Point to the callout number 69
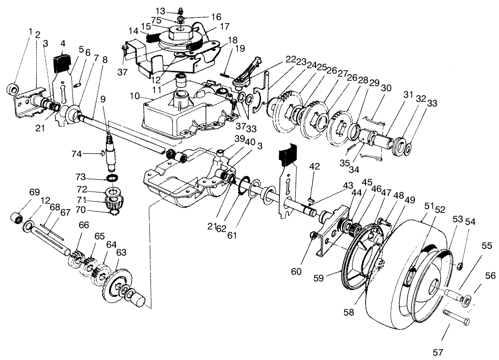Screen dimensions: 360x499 coord(34,192)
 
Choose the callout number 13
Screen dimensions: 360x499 coord(160,11)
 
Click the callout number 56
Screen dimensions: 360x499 coord(490,275)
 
